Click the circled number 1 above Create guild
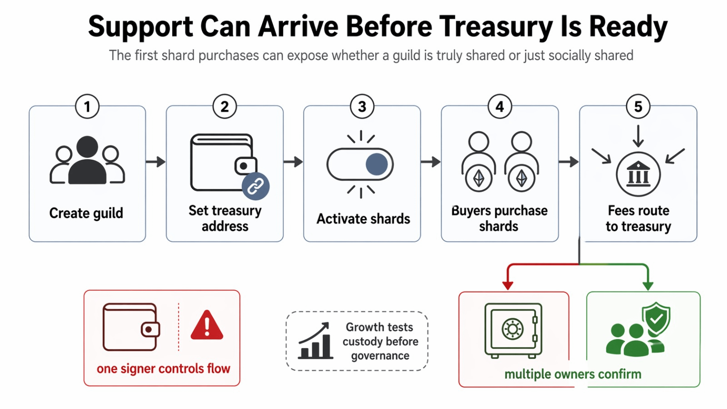pos(87,106)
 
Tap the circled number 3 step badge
pos(362,106)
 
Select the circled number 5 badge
pos(638,106)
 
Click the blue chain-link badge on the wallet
pos(255,186)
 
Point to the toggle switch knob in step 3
pos(377,164)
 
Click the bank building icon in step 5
pos(638,174)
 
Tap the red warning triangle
pos(207,325)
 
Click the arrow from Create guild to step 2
pos(156,161)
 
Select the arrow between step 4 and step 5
pos(568,161)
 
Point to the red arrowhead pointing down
pos(508,285)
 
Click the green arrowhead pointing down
pos(648,285)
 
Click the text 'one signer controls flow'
pos(163,369)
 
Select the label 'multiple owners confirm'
pos(573,374)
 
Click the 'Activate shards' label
pos(363,219)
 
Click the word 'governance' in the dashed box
pos(380,356)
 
